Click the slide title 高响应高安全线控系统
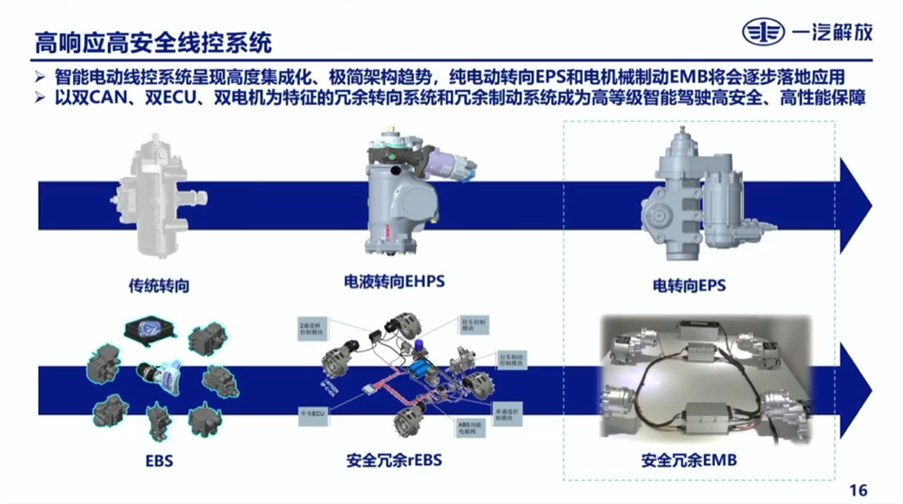pyautogui.click(x=153, y=40)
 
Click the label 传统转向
pyautogui.click(x=158, y=285)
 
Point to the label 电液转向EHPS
pyautogui.click(x=400, y=282)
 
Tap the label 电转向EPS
pyautogui.click(x=688, y=285)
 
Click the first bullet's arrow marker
pyautogui.click(x=41, y=77)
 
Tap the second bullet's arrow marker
pyautogui.click(x=41, y=97)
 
